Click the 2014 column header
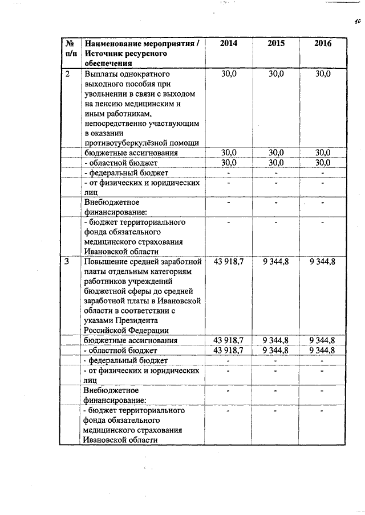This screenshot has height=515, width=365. (229, 43)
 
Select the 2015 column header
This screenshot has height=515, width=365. (276, 43)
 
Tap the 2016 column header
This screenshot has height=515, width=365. (323, 43)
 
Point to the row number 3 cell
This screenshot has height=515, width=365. (67, 261)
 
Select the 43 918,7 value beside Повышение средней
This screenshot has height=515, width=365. (228, 261)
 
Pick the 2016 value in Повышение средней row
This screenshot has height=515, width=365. (322, 261)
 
